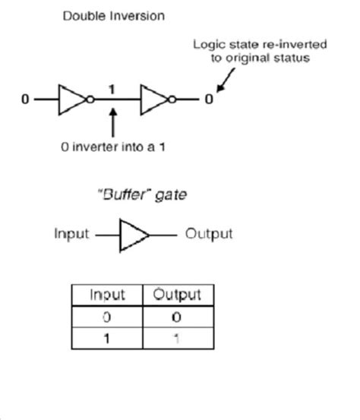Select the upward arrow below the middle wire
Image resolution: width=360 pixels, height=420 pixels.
(x=112, y=122)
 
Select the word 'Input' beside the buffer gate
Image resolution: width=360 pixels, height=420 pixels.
(x=71, y=233)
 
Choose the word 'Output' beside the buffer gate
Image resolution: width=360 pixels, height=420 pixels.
(x=209, y=233)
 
